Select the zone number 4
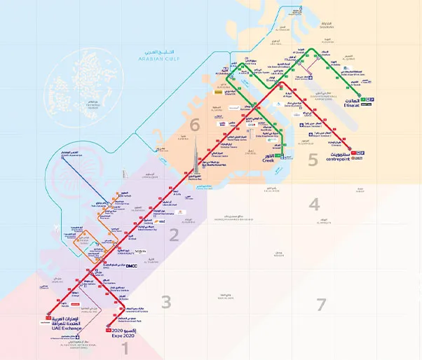click(315, 205)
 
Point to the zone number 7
click(321, 304)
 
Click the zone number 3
click(165, 303)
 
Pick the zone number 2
click(174, 235)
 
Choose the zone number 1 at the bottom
click(126, 346)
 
